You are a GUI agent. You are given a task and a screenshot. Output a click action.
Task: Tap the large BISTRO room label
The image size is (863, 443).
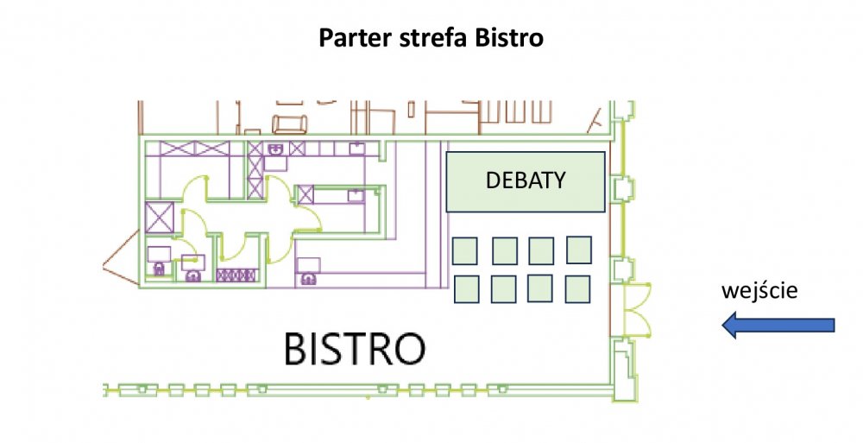pyautogui.click(x=355, y=348)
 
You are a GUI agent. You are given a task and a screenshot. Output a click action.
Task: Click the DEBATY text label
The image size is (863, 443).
pyautogui.click(x=526, y=180)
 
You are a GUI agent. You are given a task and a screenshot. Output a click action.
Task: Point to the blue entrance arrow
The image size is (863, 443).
pyautogui.click(x=778, y=325)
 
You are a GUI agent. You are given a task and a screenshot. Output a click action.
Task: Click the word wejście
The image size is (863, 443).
pyautogui.click(x=759, y=290)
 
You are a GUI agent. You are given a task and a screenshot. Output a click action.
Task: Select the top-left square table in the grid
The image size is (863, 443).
pyautogui.click(x=465, y=250)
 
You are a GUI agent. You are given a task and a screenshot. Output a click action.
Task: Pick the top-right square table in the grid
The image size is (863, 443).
pyautogui.click(x=579, y=250)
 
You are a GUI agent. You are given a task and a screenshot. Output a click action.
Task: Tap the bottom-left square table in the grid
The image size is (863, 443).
pyautogui.click(x=467, y=289)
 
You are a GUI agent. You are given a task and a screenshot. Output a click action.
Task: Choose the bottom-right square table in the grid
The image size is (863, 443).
pyautogui.click(x=578, y=288)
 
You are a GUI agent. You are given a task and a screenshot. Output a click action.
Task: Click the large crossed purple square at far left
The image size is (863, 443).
pyautogui.click(x=160, y=218)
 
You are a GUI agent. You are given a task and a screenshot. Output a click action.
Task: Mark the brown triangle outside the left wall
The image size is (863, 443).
pyautogui.click(x=121, y=258)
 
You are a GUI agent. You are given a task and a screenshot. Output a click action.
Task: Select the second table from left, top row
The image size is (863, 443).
pyautogui.click(x=505, y=250)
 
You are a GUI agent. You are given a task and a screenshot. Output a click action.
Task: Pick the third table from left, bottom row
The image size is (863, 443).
pyautogui.click(x=540, y=288)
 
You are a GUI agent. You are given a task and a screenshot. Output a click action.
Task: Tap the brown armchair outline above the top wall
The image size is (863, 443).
pyautogui.click(x=289, y=124)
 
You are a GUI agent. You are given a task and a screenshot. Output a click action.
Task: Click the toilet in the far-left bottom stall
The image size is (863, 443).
pyautogui.click(x=159, y=269)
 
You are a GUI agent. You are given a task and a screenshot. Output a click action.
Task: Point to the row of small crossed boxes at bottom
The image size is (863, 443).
pyautogui.click(x=236, y=275)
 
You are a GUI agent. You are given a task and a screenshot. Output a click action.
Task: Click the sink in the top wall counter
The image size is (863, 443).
pyautogui.click(x=275, y=149)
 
